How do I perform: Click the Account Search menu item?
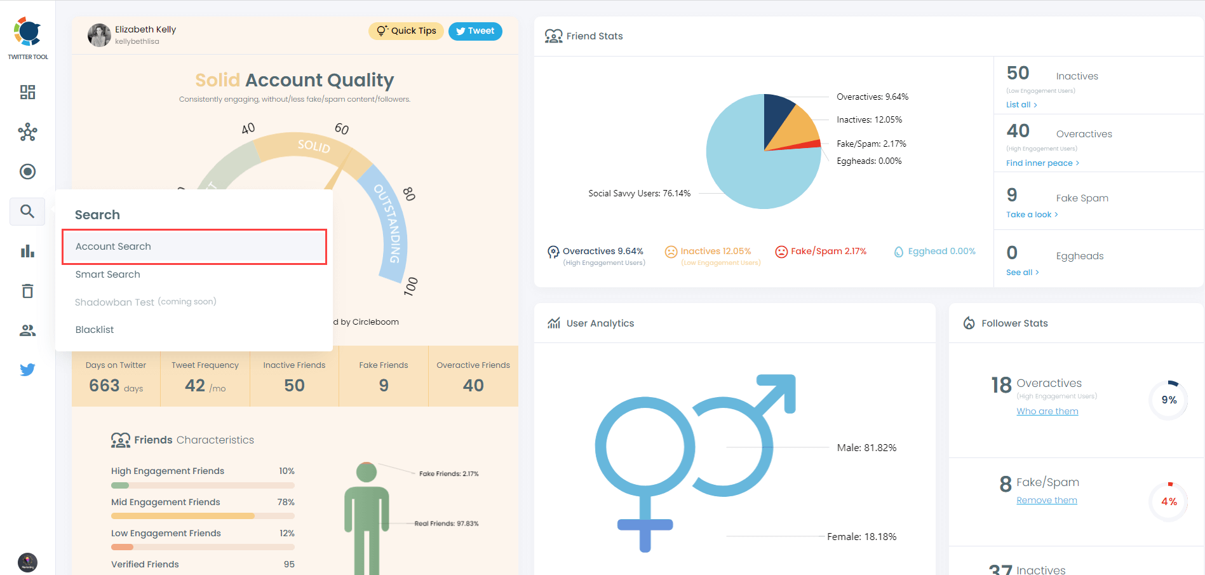click(x=194, y=247)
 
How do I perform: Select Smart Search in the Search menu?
click(x=108, y=274)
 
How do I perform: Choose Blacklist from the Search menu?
click(x=95, y=330)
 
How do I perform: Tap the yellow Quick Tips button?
click(x=407, y=31)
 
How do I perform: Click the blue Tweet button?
click(x=475, y=31)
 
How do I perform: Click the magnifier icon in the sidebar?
click(x=27, y=212)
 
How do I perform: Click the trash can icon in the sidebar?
click(x=27, y=291)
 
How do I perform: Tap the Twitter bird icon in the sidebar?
click(x=27, y=370)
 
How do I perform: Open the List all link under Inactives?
click(x=1021, y=105)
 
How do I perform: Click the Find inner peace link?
click(x=1042, y=163)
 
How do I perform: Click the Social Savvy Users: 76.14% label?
click(x=639, y=194)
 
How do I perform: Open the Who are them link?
click(x=1047, y=412)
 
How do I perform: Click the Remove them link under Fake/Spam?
click(x=1046, y=501)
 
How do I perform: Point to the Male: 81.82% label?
click(x=866, y=448)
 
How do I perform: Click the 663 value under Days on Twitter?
click(x=105, y=386)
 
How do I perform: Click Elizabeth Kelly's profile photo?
click(x=99, y=35)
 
